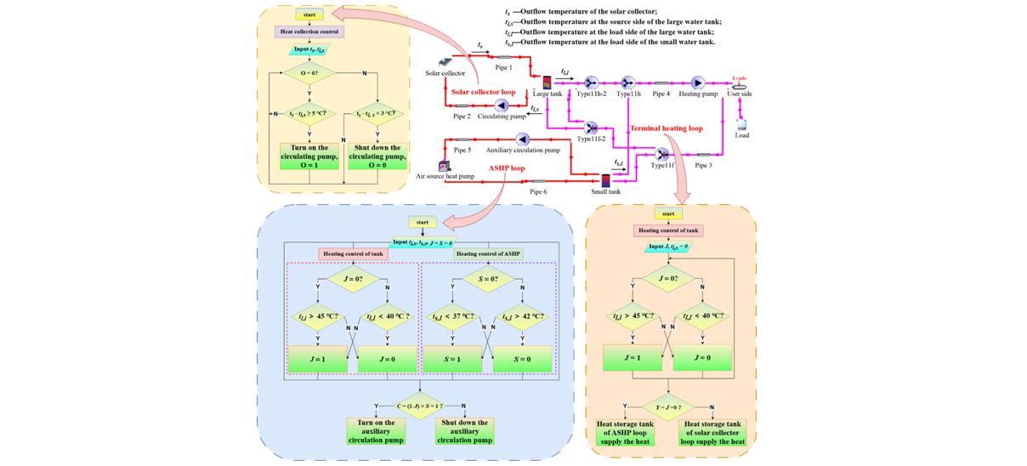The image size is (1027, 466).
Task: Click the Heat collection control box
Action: coord(309,31)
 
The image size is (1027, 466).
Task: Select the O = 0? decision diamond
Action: coord(309,74)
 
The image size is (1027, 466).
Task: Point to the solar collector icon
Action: coord(445,63)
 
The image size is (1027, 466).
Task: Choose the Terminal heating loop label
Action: coord(666,128)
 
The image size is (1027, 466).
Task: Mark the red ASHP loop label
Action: coord(507,168)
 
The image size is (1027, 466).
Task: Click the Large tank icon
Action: coord(547,83)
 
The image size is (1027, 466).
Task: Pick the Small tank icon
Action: coord(605,180)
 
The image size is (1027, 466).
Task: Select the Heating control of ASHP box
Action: coord(488,253)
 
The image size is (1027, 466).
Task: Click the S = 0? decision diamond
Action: coord(488,279)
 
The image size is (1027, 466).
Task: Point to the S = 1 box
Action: coord(452,360)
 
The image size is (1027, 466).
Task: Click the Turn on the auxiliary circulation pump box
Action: coord(376,431)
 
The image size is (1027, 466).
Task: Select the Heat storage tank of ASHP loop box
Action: coord(625,433)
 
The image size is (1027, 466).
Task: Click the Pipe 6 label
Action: coord(538,192)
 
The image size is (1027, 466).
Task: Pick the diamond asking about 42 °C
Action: coord(523,317)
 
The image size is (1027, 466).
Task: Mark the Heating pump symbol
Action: coord(698,82)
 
